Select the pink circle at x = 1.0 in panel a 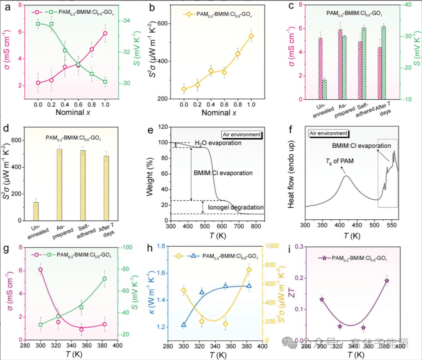(105, 34)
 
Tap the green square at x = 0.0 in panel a (38, 24)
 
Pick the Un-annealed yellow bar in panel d (36, 211)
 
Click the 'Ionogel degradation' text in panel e (236, 207)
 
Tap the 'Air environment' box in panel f (328, 133)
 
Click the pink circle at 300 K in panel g (40, 269)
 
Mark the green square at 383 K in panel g (105, 279)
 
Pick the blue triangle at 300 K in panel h (184, 324)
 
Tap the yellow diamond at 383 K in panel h (249, 270)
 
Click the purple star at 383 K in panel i (387, 281)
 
